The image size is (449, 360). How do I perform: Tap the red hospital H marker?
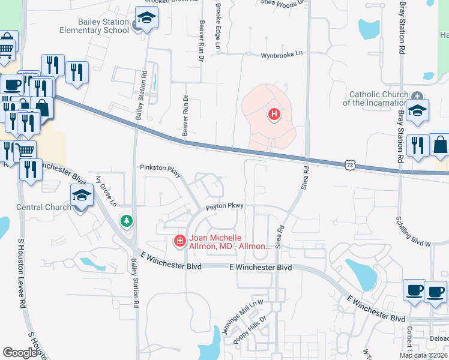point(274,114)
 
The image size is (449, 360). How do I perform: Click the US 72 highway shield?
point(349,164)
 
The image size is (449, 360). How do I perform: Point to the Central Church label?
point(44,208)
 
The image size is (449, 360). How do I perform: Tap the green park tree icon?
point(126,221)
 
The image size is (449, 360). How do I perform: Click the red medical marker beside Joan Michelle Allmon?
point(179,241)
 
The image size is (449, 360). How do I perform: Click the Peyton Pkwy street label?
point(224,206)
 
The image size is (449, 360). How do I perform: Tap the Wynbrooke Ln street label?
point(282,55)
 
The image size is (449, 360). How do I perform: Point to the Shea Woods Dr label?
point(283,2)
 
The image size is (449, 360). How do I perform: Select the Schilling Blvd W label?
point(414,232)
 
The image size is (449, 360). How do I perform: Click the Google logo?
point(20,353)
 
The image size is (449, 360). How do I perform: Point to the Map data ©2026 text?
point(423,355)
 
